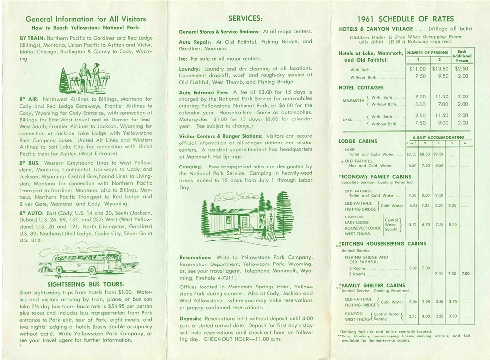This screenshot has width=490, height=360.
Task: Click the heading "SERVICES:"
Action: [x=245, y=18]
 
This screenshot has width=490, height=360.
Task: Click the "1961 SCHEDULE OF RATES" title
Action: [x=406, y=19]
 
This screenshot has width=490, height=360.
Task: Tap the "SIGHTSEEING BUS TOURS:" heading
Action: [x=86, y=284]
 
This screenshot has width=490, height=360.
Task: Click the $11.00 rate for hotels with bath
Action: [x=417, y=69]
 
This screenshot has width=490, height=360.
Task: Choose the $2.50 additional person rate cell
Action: [x=462, y=69]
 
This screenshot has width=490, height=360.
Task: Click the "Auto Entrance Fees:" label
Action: [x=204, y=92]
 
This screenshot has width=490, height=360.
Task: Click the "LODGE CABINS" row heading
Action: [x=358, y=141]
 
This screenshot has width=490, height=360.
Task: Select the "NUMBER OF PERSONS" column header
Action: [x=427, y=52]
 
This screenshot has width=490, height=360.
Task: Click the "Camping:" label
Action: [x=191, y=167]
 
